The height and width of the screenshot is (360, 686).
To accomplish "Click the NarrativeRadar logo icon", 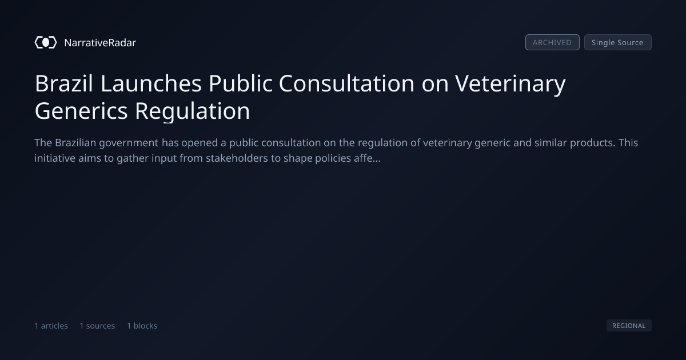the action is pyautogui.click(x=46, y=42).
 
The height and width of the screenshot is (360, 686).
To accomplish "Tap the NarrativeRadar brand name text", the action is pyautogui.click(x=100, y=43).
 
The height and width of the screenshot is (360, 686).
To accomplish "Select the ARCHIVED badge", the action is pyautogui.click(x=552, y=42).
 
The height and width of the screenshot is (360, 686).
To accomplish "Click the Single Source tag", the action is pyautogui.click(x=618, y=42).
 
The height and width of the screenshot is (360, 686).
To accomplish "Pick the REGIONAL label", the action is pyautogui.click(x=629, y=325).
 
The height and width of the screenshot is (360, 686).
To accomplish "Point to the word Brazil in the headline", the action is pyautogui.click(x=63, y=83).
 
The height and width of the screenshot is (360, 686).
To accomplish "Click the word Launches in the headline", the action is pyautogui.click(x=151, y=83).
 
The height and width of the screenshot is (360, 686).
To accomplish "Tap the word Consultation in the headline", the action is pyautogui.click(x=346, y=83).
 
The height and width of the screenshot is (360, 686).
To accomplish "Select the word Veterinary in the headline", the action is pyautogui.click(x=510, y=84).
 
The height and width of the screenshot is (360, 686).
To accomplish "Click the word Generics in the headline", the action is pyautogui.click(x=81, y=111).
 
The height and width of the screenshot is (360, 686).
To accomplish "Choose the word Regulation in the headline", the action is pyautogui.click(x=192, y=111).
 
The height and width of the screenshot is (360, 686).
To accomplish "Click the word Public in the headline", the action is pyautogui.click(x=241, y=83).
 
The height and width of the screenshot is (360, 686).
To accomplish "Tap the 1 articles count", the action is pyautogui.click(x=51, y=326).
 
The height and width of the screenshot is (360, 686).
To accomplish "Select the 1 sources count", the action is pyautogui.click(x=97, y=326).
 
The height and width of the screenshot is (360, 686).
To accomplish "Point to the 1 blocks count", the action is pyautogui.click(x=142, y=326).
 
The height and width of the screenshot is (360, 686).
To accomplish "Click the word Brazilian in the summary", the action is pyautogui.click(x=75, y=143).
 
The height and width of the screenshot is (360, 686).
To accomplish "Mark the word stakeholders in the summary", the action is pyautogui.click(x=237, y=158).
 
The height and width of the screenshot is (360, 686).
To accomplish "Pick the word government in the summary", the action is pyautogui.click(x=129, y=143).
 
